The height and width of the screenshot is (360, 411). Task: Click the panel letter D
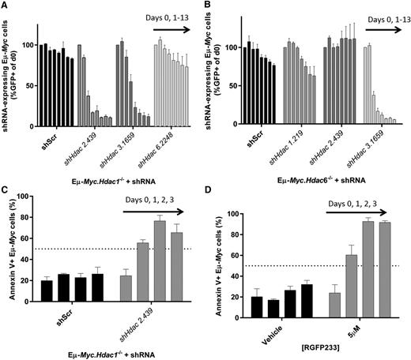[x=212, y=189]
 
